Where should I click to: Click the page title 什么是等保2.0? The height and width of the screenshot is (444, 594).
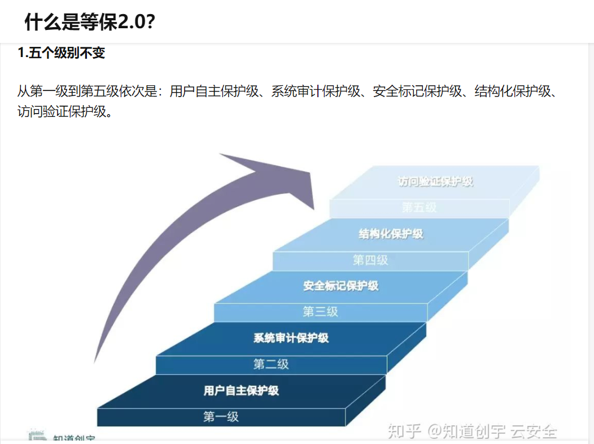[90, 22]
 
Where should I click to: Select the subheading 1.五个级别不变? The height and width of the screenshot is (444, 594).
[62, 54]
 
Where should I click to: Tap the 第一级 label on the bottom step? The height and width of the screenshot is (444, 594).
[221, 417]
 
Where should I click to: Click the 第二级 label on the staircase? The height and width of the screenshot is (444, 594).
[271, 364]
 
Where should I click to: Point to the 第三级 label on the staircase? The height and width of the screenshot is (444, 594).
[320, 311]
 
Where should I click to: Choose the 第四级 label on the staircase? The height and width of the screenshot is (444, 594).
[370, 260]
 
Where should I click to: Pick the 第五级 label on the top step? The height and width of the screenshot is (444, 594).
[419, 207]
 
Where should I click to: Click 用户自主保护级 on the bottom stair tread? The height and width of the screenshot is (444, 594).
[241, 390]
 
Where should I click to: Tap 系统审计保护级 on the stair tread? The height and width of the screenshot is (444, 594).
[291, 338]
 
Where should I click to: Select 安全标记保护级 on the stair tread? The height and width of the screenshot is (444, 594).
[340, 286]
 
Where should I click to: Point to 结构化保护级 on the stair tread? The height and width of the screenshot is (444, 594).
[391, 233]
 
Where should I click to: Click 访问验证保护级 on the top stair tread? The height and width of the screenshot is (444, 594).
[435, 182]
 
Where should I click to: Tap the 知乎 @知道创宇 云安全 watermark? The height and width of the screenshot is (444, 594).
[472, 432]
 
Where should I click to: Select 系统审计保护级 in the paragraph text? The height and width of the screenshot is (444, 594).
[316, 91]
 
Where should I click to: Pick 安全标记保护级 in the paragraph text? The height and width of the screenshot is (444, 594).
[417, 91]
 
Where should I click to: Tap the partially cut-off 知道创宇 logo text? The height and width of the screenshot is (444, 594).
[74, 438]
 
